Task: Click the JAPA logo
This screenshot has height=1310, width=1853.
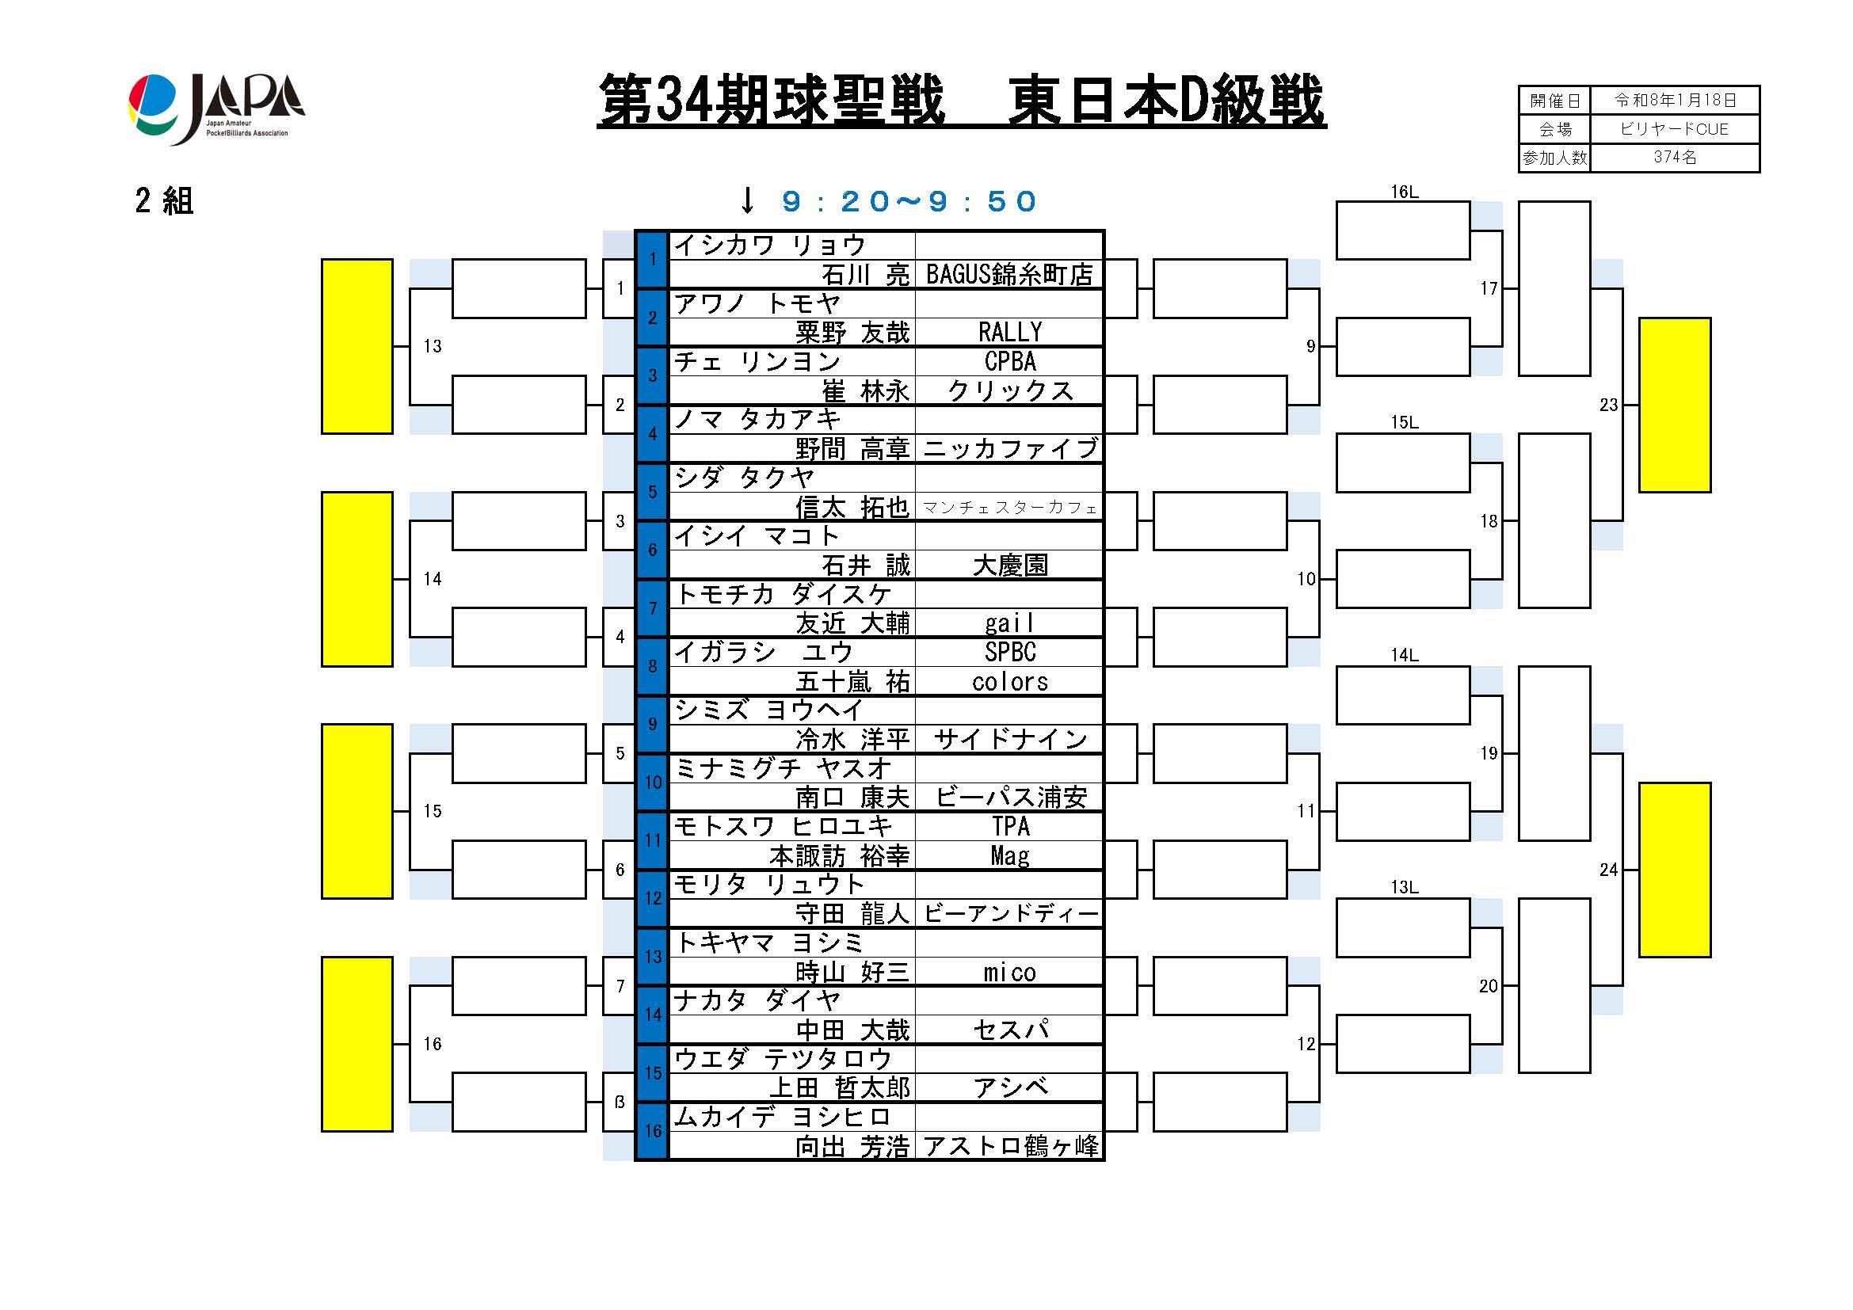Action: [216, 108]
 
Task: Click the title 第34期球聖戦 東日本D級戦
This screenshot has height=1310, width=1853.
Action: [960, 101]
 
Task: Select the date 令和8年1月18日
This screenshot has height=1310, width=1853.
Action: [1674, 100]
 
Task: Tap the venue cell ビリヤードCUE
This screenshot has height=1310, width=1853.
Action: [1674, 129]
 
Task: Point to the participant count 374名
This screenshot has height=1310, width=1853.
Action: [1674, 158]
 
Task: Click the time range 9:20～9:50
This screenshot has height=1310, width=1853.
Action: [909, 202]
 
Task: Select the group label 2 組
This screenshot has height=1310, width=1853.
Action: [165, 201]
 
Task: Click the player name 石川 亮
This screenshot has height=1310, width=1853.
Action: [865, 275]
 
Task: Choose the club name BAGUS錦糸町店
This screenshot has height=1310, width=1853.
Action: [1008, 275]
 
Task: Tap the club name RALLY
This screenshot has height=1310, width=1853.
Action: [1009, 333]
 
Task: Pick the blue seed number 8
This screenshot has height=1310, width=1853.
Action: [652, 666]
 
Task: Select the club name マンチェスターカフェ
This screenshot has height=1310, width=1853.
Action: [1008, 508]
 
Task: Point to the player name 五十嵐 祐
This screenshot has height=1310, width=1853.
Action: [852, 683]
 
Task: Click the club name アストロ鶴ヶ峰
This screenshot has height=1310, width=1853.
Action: [1009, 1146]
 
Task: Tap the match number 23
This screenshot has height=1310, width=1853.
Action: [1608, 405]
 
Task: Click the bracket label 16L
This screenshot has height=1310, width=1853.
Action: [1405, 192]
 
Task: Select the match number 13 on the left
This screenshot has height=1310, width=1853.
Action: [433, 347]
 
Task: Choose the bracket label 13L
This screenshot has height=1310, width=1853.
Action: [1405, 887]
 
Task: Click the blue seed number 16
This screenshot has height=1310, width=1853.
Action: [652, 1131]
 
